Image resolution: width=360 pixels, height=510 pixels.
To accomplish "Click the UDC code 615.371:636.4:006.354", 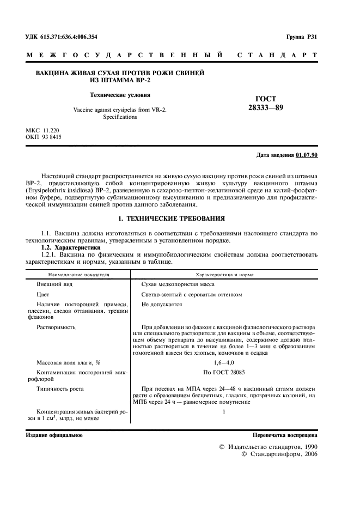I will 69,37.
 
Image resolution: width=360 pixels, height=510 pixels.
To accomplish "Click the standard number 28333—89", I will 266,107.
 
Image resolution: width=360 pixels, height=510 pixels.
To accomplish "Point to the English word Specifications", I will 120,117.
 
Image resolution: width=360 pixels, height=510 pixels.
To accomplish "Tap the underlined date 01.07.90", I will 307,155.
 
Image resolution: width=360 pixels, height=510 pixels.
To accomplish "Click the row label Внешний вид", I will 54,285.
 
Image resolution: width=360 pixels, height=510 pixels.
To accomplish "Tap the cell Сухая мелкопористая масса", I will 178,285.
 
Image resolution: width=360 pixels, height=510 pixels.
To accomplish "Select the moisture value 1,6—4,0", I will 223,362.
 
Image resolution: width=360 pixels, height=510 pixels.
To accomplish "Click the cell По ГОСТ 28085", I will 223,372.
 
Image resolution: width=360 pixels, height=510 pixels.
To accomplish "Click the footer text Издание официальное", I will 54,436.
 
